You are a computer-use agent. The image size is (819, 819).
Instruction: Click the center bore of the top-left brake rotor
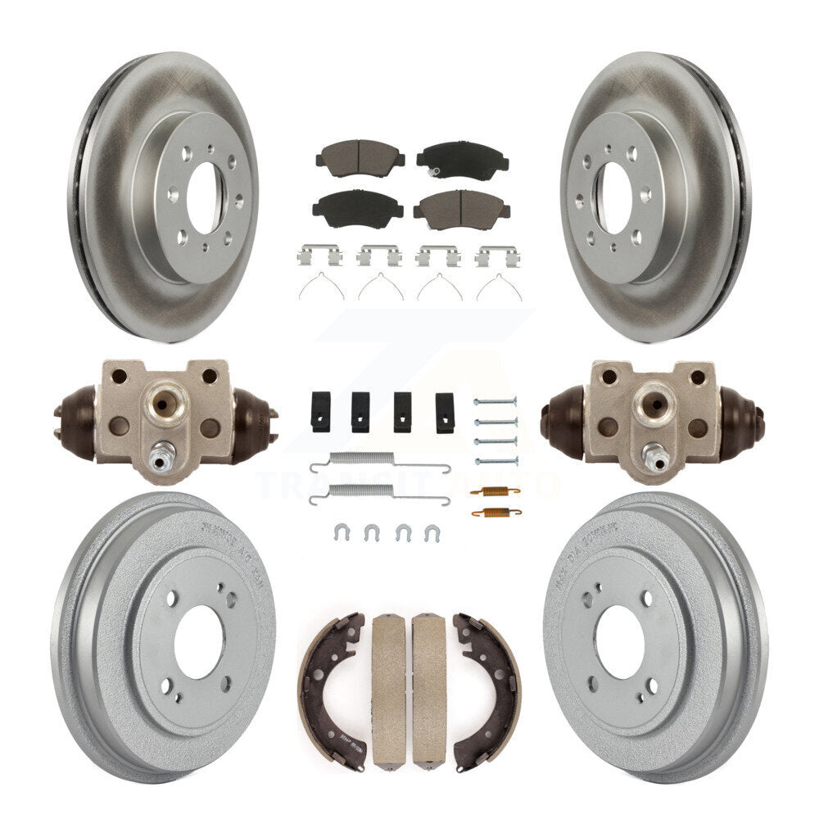pos(203,197)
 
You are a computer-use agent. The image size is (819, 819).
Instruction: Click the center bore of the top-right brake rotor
pos(613,197)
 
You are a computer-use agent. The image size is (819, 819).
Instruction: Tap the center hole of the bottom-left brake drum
pos(198,641)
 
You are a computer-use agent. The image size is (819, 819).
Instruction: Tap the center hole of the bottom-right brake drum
pos(619,641)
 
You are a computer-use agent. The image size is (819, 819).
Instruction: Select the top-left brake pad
pos(360,155)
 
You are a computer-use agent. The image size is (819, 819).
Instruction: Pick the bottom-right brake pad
pos(461,211)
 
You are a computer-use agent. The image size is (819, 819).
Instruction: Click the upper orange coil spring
pos(495,491)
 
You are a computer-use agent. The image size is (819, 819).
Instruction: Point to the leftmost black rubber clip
pos(321,411)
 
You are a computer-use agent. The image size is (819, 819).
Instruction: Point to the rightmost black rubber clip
pos(445,412)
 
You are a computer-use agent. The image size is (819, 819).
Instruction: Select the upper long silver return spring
pos(379,465)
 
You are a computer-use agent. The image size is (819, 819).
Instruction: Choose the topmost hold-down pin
pos(495,401)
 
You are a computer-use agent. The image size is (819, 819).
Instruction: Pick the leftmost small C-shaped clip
pos(341,532)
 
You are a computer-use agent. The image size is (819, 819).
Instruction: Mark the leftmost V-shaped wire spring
pos(320,287)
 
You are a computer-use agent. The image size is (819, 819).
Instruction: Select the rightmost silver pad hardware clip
pos(497,256)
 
